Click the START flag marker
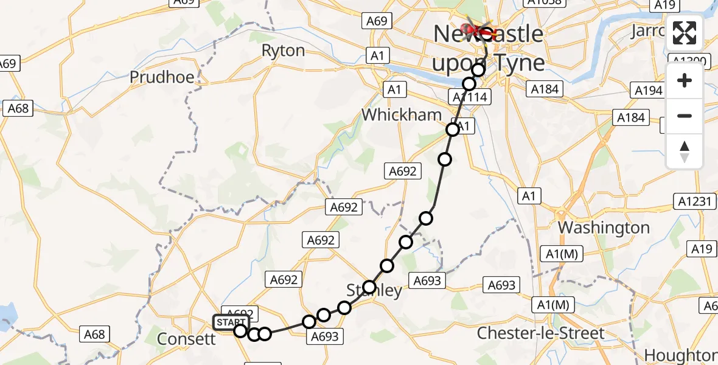click(x=231, y=322)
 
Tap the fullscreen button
click(x=685, y=33)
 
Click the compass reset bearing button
click(x=685, y=151)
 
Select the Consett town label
click(x=186, y=339)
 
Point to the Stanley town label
click(x=374, y=290)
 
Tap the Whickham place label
click(x=401, y=114)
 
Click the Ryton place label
click(x=283, y=50)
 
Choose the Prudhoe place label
click(x=162, y=77)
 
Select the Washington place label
click(x=604, y=228)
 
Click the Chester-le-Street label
click(x=541, y=333)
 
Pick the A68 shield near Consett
click(x=94, y=333)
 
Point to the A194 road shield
click(x=647, y=91)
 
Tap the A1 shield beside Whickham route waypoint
click(x=464, y=127)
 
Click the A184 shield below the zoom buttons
click(x=631, y=117)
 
